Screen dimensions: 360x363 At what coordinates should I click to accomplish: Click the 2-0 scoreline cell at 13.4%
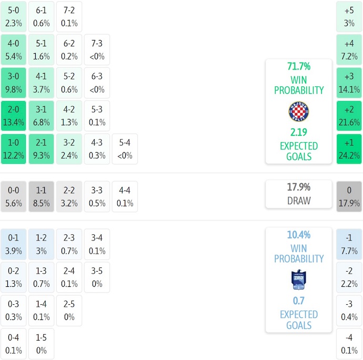click(13, 116)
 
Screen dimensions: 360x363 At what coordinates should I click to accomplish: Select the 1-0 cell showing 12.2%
click(13, 149)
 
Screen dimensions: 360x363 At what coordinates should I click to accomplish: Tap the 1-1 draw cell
click(41, 197)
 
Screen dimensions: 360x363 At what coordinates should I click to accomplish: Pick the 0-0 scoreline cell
click(13, 197)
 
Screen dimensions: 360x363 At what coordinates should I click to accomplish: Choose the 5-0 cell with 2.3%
click(13, 16)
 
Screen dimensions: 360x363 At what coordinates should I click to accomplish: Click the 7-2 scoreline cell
click(69, 16)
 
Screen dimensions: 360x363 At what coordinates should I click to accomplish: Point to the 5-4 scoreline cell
click(125, 149)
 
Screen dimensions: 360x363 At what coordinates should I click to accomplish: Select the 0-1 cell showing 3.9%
click(13, 244)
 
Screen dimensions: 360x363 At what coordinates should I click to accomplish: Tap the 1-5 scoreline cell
click(41, 344)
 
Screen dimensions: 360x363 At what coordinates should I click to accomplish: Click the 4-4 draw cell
click(125, 197)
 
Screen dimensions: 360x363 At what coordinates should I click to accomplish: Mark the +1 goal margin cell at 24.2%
click(349, 149)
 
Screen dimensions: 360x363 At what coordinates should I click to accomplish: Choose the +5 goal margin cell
click(349, 16)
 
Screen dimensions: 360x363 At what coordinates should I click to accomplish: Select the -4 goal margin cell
click(349, 344)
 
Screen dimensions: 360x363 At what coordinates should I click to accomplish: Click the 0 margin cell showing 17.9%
click(349, 197)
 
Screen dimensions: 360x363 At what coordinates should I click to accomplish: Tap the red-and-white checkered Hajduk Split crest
click(299, 112)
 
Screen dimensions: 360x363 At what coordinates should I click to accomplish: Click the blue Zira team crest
click(299, 279)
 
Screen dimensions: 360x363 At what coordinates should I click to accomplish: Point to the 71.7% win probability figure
click(299, 66)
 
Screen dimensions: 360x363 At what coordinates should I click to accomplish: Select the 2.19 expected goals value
click(299, 132)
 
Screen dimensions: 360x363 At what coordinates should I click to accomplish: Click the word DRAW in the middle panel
click(299, 201)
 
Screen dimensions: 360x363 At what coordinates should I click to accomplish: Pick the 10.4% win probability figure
click(299, 235)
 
